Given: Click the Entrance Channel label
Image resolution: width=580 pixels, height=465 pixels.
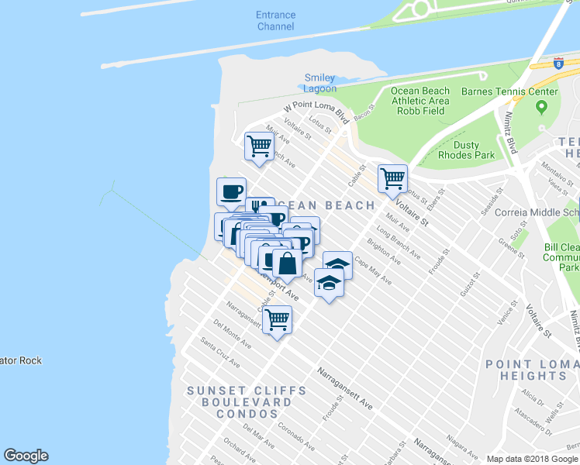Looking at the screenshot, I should pyautogui.click(x=275, y=21).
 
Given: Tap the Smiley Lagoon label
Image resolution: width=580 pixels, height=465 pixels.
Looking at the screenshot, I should pyautogui.click(x=319, y=83).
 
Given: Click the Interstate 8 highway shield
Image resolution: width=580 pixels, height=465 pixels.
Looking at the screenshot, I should pyautogui.click(x=558, y=62).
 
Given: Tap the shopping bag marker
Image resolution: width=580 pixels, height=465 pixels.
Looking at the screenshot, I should pyautogui.click(x=287, y=263).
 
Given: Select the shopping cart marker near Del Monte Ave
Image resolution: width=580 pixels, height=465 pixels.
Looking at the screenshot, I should pyautogui.click(x=277, y=319).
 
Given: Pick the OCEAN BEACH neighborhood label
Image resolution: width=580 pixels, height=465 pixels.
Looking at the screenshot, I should pyautogui.click(x=326, y=205).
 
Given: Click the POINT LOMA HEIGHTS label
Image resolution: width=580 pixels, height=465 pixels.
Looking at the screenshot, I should pyautogui.click(x=531, y=370).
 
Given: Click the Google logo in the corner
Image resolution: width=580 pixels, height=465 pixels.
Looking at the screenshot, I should pyautogui.click(x=26, y=456).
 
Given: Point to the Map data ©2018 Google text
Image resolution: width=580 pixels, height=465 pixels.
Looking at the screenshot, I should pyautogui.click(x=532, y=459).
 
